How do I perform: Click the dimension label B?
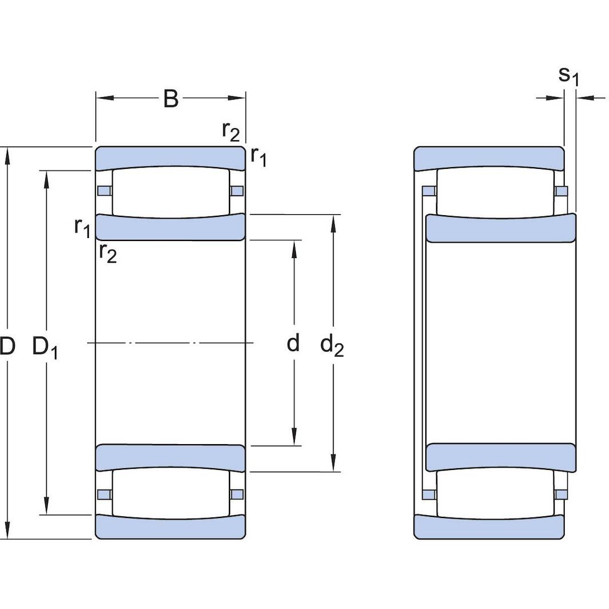[171, 98]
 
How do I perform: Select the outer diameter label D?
[7, 346]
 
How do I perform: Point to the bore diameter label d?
[293, 343]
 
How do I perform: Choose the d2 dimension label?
[332, 346]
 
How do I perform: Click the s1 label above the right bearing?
[568, 75]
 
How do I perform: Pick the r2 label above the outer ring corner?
[231, 131]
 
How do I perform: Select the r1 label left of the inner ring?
[82, 227]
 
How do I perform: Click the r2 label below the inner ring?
[107, 252]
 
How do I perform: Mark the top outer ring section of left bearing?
[171, 157]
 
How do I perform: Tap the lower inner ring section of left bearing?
[171, 458]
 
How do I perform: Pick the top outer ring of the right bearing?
[489, 158]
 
